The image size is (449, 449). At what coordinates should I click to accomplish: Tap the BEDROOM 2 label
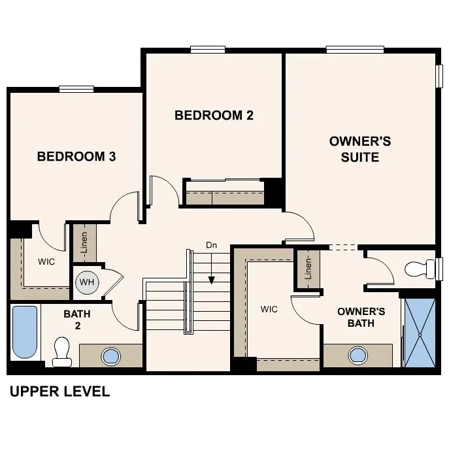click(x=214, y=116)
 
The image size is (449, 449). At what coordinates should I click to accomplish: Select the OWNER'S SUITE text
click(x=359, y=149)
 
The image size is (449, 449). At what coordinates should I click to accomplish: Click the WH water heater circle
click(x=86, y=283)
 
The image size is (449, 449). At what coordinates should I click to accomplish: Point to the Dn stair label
click(x=211, y=245)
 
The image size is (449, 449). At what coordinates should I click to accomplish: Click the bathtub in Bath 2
click(x=25, y=332)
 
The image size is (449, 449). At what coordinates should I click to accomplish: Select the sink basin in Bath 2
click(x=111, y=356)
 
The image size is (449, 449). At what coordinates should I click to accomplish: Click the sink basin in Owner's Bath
click(x=358, y=356)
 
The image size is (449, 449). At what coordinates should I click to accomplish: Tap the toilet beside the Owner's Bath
click(x=420, y=269)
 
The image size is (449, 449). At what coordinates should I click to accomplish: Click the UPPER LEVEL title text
click(x=59, y=392)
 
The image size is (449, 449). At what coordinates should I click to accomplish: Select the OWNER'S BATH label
click(x=361, y=317)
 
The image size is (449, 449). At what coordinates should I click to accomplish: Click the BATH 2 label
click(x=77, y=320)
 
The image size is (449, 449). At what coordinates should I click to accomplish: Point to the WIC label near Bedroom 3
click(x=46, y=261)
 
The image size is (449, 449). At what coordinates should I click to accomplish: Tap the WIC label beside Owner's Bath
click(x=269, y=308)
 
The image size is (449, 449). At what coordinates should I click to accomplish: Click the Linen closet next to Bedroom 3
click(x=84, y=242)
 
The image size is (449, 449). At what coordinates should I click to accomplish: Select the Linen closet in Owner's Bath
click(x=308, y=268)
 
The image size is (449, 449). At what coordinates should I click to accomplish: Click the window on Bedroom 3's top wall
click(x=76, y=90)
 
